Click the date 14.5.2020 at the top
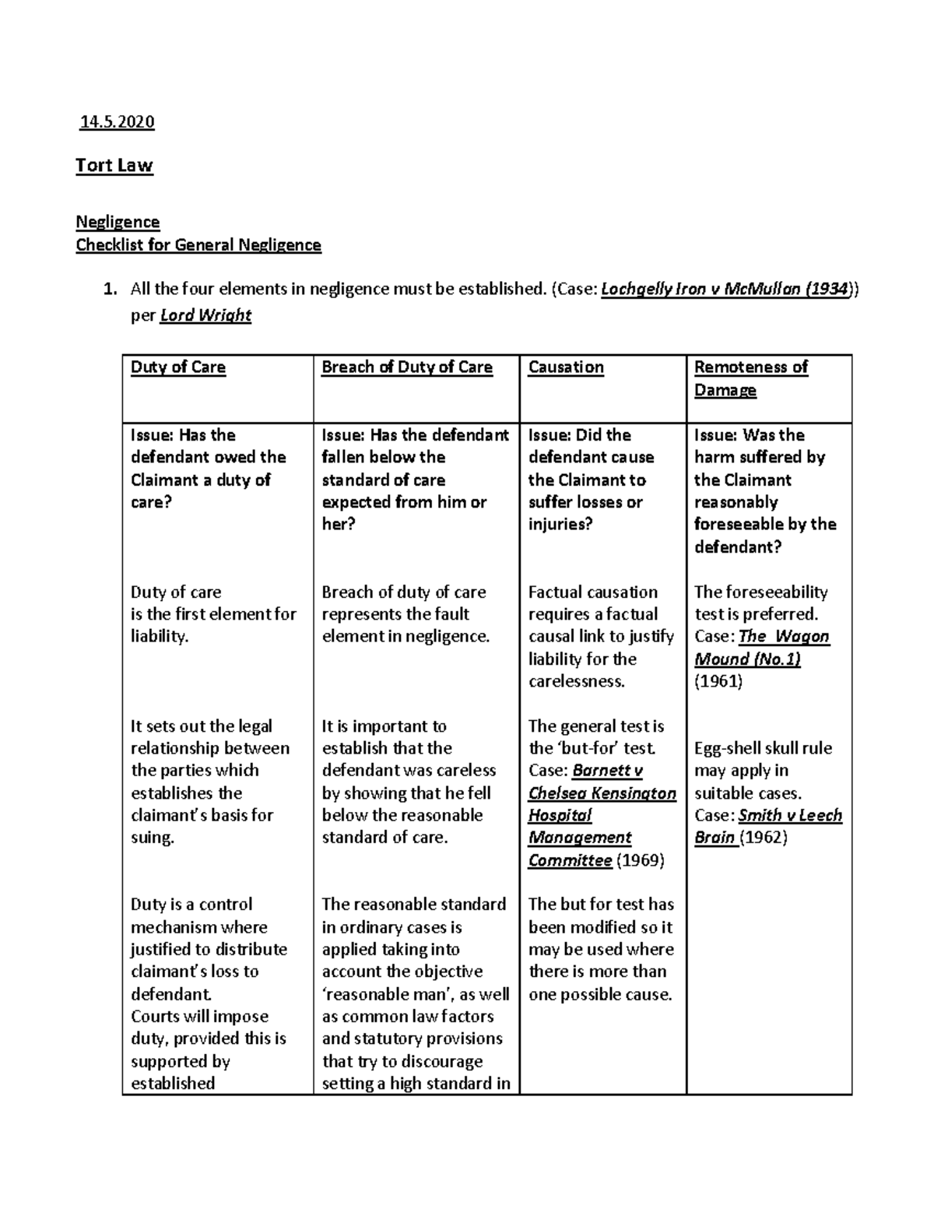click(x=118, y=121)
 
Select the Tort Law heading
click(x=114, y=165)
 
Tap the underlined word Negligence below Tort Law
click(x=118, y=222)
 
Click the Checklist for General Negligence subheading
click(x=198, y=245)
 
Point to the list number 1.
click(x=110, y=290)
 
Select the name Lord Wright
click(x=205, y=315)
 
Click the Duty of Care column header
click(x=178, y=367)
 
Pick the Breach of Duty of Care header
click(x=407, y=367)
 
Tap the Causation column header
click(x=566, y=367)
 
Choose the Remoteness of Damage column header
click(x=750, y=378)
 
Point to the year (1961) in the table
click(x=718, y=681)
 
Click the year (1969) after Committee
click(x=640, y=860)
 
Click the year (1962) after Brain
click(x=764, y=838)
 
